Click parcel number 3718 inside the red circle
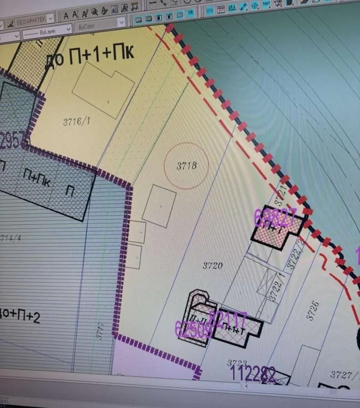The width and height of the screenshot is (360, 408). tap(186, 165)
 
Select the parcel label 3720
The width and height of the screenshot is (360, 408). tap(212, 265)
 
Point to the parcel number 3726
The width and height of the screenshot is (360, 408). tap(313, 311)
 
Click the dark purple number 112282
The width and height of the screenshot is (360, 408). tap(253, 374)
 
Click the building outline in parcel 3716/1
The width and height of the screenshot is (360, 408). tap(103, 89)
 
